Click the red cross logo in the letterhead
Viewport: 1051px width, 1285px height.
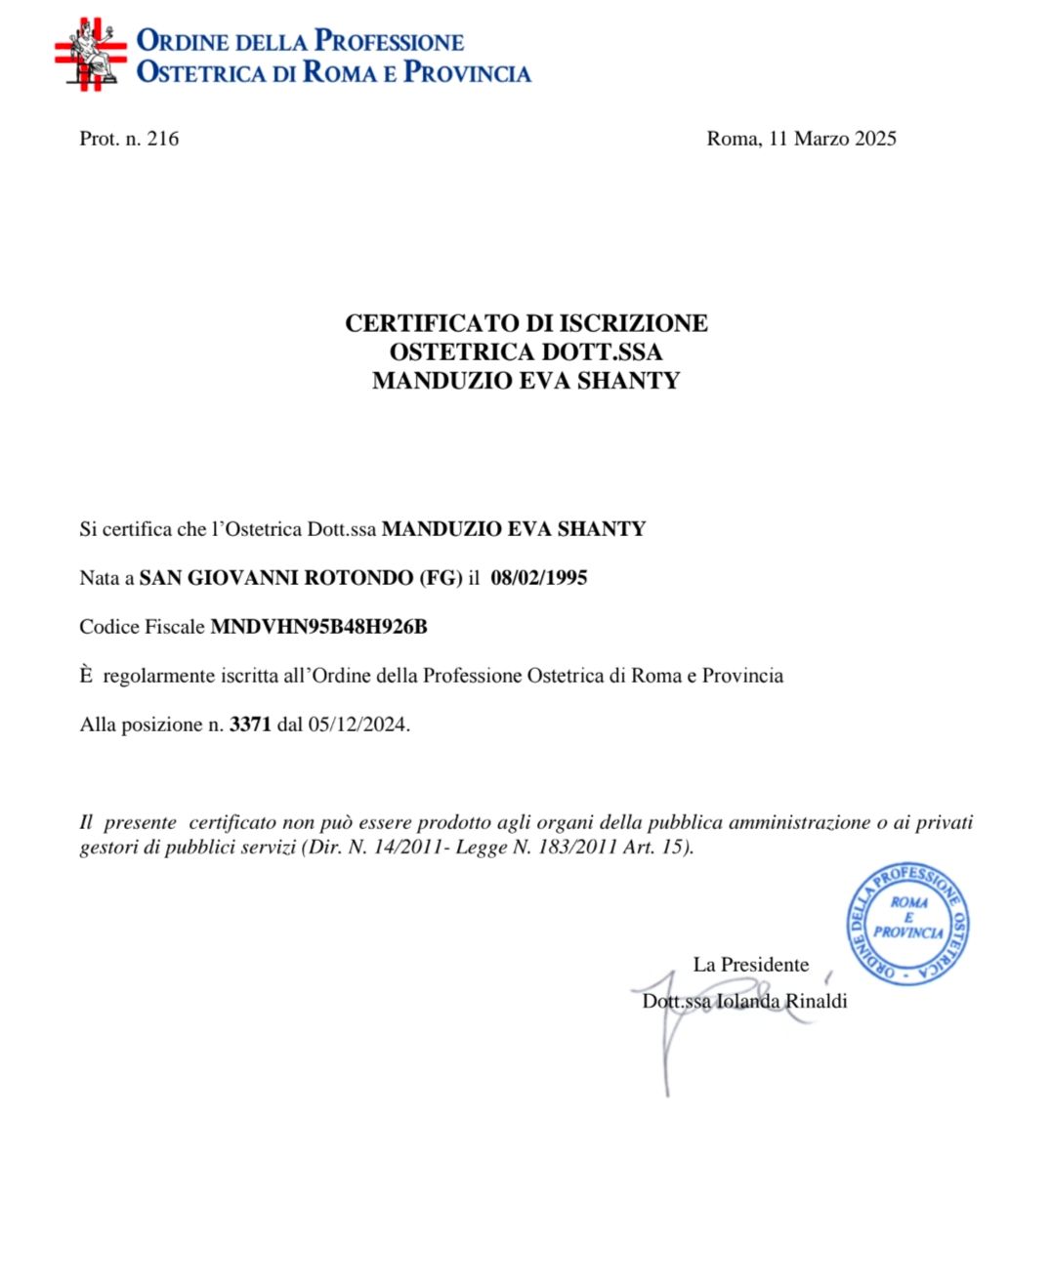[90, 55]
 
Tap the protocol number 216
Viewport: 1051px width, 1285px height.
[162, 139]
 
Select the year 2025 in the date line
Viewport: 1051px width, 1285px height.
[875, 139]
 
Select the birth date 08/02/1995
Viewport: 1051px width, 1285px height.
[538, 578]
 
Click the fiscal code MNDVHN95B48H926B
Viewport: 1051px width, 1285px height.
[318, 627]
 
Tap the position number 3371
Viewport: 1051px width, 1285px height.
[250, 725]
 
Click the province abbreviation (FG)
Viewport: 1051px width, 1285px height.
[440, 578]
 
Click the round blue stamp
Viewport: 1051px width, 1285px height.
[907, 923]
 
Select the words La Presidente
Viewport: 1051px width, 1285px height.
[750, 965]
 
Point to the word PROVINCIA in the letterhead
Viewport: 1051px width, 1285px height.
[467, 72]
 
